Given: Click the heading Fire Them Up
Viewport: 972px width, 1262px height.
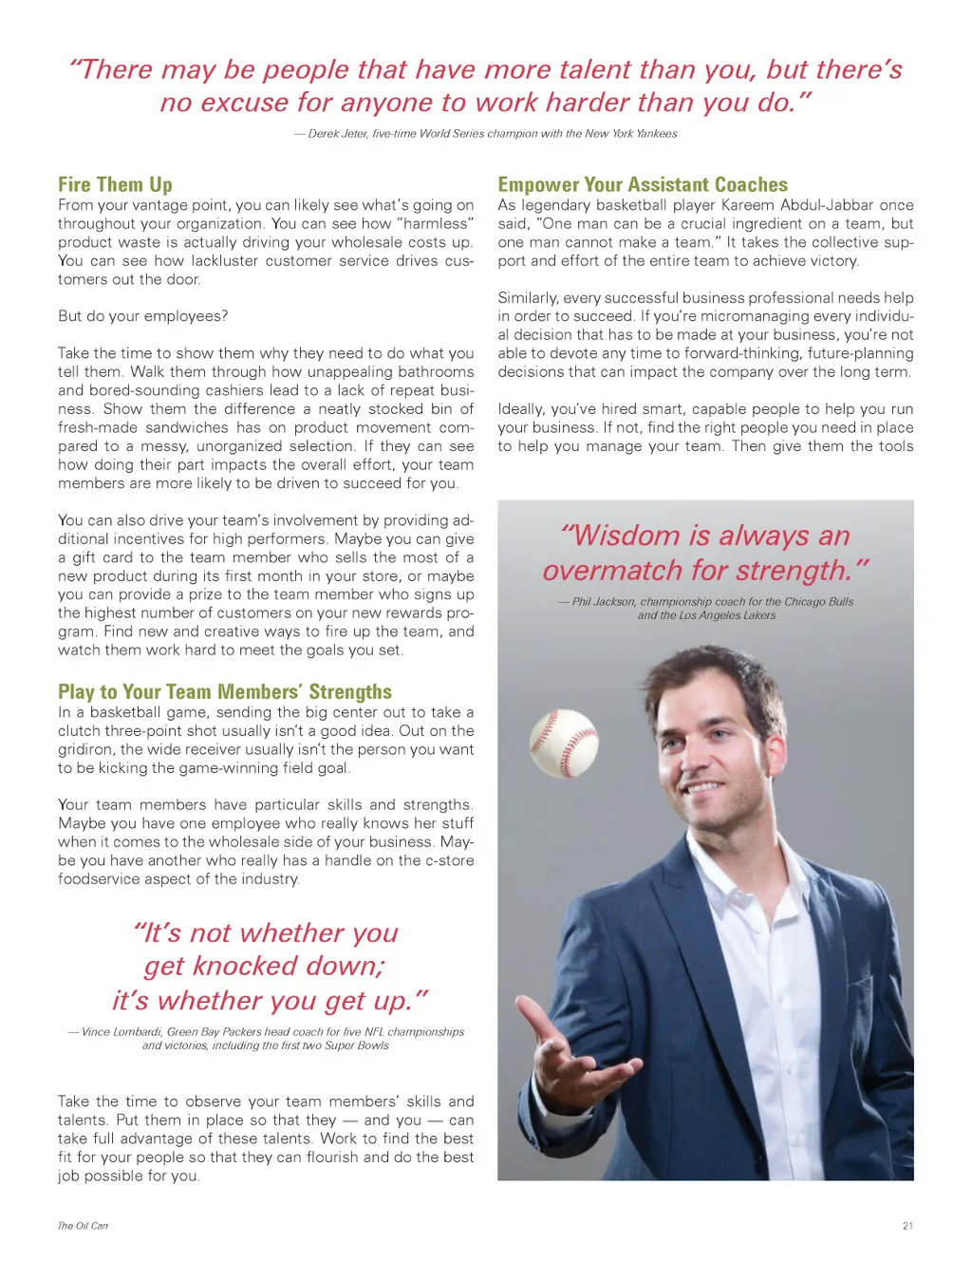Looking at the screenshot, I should tap(115, 184).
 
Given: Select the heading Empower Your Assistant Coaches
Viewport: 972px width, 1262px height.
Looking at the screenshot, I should tap(643, 184).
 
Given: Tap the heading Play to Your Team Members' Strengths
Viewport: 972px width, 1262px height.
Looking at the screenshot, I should tap(224, 691).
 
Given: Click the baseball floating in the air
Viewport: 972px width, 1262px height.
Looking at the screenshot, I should tap(564, 743).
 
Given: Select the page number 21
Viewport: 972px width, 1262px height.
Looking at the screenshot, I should tap(907, 1226).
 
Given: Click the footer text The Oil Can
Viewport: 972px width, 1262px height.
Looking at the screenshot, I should tap(83, 1226).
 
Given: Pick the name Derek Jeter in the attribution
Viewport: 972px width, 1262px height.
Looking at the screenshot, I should tap(338, 134).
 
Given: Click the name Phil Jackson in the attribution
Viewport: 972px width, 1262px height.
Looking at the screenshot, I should tap(604, 602).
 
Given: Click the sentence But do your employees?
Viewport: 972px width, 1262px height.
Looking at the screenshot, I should tap(142, 316).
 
